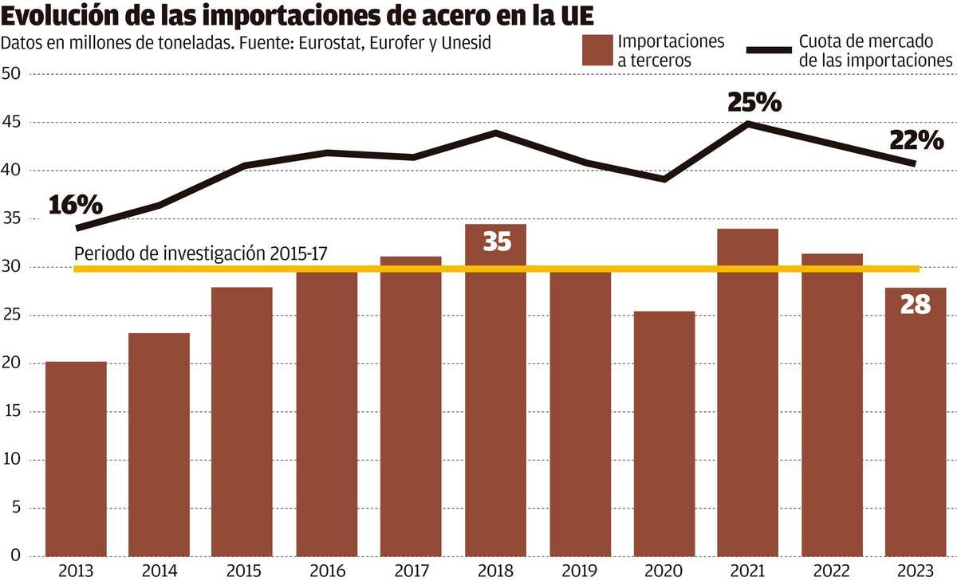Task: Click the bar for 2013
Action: [x=76, y=458]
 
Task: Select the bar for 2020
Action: [x=664, y=434]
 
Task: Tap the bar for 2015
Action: [x=242, y=422]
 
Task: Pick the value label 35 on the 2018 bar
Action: [x=496, y=241]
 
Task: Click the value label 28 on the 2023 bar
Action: [x=915, y=304]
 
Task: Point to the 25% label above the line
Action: [x=754, y=102]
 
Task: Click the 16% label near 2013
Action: [x=76, y=205]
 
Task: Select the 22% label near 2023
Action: [x=916, y=141]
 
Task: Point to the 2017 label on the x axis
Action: [x=412, y=571]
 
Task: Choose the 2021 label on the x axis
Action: [x=747, y=571]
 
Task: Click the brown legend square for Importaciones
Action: [x=596, y=50]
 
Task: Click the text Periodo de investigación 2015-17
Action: [x=200, y=253]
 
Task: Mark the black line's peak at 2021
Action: [x=748, y=124]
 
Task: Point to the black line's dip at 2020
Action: [x=664, y=179]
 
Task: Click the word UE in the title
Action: [x=574, y=16]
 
